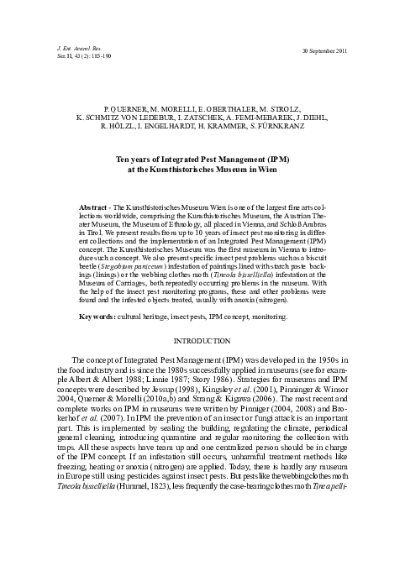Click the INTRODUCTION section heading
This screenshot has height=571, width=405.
coord(202,343)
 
